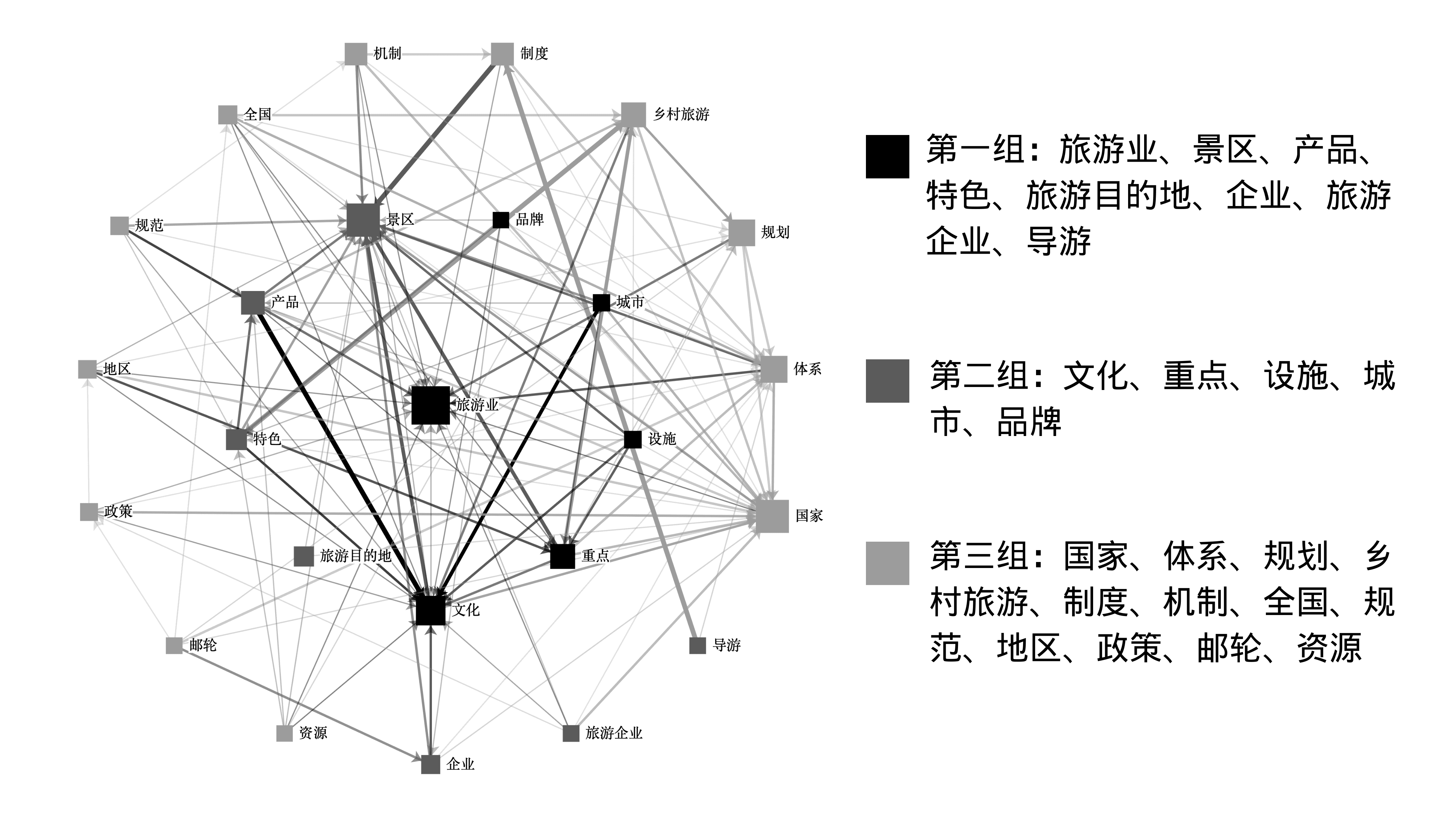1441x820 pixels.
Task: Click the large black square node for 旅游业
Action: [431, 405]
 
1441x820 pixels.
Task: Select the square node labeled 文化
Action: [431, 610]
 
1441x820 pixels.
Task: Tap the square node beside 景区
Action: [362, 220]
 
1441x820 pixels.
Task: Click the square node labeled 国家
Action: [772, 516]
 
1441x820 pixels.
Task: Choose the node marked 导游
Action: [698, 645]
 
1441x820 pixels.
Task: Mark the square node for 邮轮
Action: [174, 645]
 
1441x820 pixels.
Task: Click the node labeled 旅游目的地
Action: [304, 556]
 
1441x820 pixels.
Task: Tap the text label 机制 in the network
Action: [387, 54]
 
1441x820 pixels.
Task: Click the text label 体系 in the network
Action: [807, 369]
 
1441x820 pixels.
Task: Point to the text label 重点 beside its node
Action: [595, 556]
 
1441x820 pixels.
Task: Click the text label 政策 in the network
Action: [118, 511]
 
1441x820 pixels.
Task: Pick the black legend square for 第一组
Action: [887, 157]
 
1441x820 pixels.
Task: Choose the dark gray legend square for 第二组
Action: [887, 381]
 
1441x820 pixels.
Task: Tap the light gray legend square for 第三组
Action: [887, 563]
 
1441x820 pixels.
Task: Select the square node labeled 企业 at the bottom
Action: [431, 764]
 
